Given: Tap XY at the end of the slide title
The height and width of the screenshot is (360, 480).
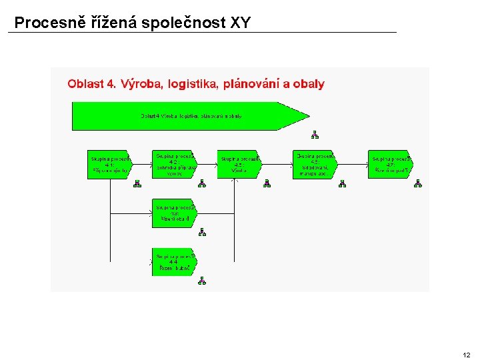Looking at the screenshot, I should [x=240, y=23].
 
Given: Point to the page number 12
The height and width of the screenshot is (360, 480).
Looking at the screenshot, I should [x=466, y=355].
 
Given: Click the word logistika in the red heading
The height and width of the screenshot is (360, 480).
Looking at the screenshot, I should [x=193, y=84].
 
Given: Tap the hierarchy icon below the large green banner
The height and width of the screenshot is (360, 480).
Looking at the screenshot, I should [x=315, y=135].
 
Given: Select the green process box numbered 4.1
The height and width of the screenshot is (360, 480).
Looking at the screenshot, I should [x=110, y=165].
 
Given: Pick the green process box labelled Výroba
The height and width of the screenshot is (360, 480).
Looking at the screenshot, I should [x=239, y=165].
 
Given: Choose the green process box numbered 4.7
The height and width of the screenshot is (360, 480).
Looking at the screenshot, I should [x=389, y=164].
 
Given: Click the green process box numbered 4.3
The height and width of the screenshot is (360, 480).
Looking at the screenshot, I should [x=173, y=213].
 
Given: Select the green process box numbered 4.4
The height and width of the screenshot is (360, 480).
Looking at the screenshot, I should [x=173, y=261].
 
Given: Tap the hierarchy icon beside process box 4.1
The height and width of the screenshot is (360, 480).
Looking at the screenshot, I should [x=137, y=184].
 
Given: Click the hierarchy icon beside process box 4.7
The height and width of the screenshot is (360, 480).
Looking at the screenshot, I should [x=418, y=183].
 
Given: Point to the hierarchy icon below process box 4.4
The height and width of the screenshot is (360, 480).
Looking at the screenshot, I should [x=202, y=281].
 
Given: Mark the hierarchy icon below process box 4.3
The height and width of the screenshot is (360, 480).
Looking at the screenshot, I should [x=202, y=232].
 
